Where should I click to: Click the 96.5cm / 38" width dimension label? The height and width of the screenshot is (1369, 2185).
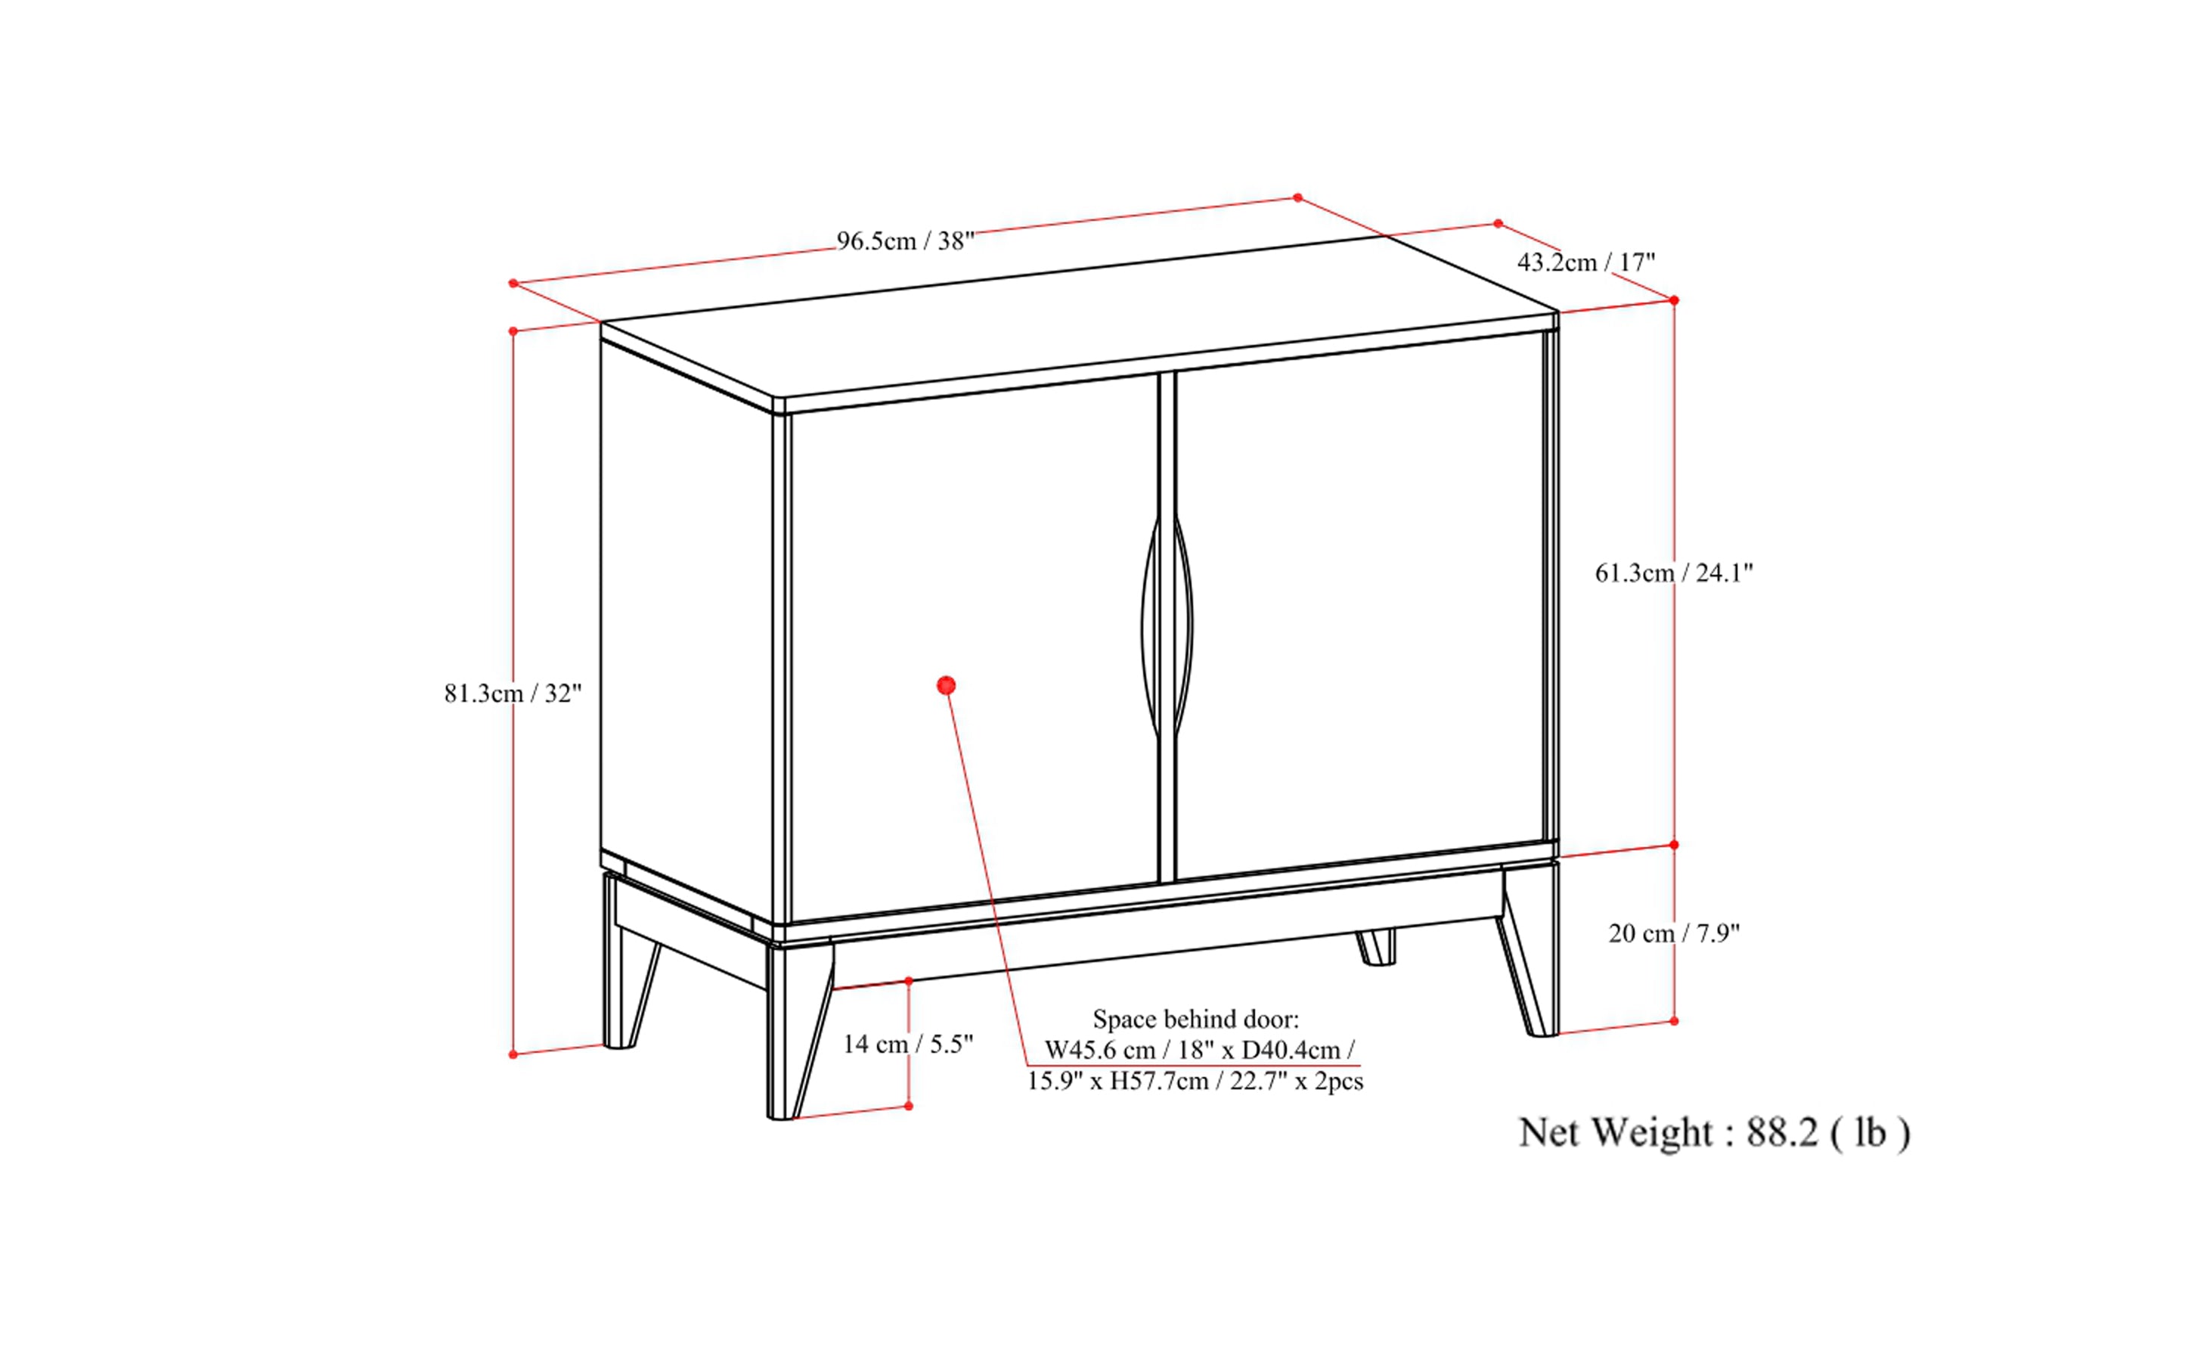pos(904,241)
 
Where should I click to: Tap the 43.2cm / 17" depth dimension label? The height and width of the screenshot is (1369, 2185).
pos(1585,262)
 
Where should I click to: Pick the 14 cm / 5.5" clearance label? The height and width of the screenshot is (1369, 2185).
pos(908,1044)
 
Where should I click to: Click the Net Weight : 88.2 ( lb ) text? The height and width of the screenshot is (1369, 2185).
pos(1713,1133)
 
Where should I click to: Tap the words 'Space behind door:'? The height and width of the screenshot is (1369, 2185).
pos(1195,1020)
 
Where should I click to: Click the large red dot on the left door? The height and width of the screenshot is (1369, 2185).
pos(947,685)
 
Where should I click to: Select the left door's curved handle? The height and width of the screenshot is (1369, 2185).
pos(1149,625)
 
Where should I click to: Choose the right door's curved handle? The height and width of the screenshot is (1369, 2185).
pos(1184,625)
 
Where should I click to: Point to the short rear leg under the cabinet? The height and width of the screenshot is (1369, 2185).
pos(1377,947)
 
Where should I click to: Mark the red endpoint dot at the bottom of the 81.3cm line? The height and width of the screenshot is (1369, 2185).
pos(513,1054)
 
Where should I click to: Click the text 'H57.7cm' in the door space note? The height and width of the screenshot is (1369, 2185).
pos(1160,1081)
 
